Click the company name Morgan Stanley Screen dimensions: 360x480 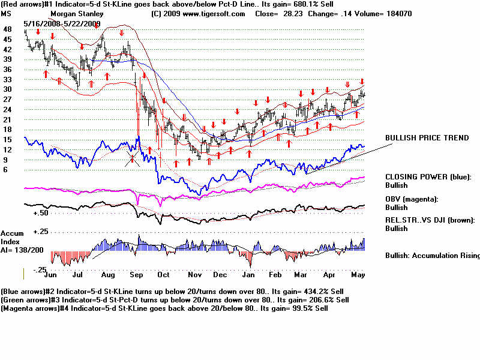(x=77, y=13)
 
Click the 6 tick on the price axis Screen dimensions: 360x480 (x=5, y=170)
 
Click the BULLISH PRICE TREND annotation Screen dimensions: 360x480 (x=427, y=138)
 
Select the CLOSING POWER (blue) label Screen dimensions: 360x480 (x=428, y=177)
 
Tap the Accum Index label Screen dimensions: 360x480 (x=12, y=237)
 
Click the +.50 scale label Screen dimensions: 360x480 (x=40, y=212)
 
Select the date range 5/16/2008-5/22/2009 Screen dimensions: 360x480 (x=62, y=23)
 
